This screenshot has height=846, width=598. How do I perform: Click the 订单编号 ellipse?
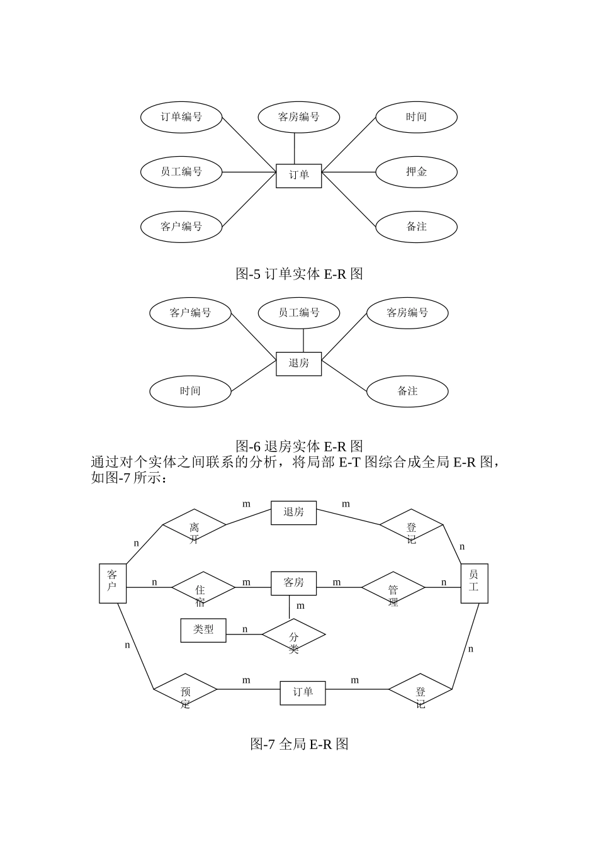(181, 117)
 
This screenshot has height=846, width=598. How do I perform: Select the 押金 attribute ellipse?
(416, 172)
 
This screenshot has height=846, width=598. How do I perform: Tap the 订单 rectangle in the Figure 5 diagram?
(299, 176)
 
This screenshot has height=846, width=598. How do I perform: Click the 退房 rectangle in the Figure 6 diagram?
(299, 364)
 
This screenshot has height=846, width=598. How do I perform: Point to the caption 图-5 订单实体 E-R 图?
(299, 274)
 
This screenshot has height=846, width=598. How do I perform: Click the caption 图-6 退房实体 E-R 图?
(299, 446)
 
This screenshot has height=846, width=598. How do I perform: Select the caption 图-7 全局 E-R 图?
(299, 744)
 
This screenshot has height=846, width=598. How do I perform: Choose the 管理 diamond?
(393, 588)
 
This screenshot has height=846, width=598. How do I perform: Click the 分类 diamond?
(293, 635)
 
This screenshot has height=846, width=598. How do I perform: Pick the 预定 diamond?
(186, 690)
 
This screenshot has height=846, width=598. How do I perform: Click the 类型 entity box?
(203, 630)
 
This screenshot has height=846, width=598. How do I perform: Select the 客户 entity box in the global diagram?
(113, 583)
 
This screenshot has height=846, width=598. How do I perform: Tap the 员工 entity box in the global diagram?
(474, 583)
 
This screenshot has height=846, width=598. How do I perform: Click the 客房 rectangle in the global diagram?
(293, 583)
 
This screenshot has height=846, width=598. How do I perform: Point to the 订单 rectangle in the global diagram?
(303, 692)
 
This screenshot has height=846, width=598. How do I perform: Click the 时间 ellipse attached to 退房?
(190, 391)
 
